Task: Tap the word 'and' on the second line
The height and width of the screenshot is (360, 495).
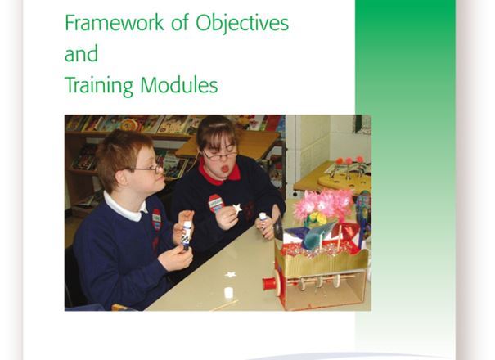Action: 81,55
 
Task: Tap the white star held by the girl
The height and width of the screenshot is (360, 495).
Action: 237,209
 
